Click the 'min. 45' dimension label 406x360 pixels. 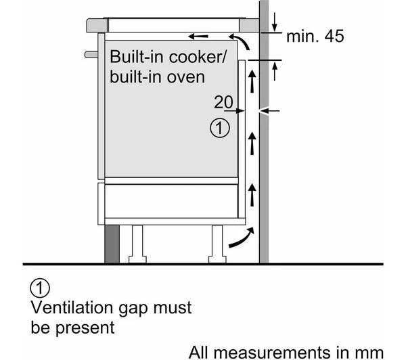pyautogui.click(x=315, y=37)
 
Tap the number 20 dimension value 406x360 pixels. pyautogui.click(x=223, y=102)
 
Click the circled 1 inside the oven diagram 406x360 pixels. pyautogui.click(x=219, y=128)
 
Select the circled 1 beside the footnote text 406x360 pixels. pyautogui.click(x=40, y=288)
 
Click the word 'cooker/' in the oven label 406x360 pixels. pyautogui.click(x=198, y=57)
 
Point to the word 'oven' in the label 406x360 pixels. pyautogui.click(x=185, y=77)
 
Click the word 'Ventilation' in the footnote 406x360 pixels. pyautogui.click(x=72, y=307)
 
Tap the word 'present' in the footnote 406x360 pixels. pyautogui.click(x=85, y=328)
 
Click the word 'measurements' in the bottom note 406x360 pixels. pyautogui.click(x=272, y=353)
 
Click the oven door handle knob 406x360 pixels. pyautogui.click(x=91, y=54)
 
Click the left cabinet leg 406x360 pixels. pyautogui.click(x=137, y=244)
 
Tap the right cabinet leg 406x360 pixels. pyautogui.click(x=217, y=244)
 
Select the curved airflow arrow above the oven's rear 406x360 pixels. pyautogui.click(x=240, y=41)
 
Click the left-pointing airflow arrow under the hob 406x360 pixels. pyautogui.click(x=198, y=37)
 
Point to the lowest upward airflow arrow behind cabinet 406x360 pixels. pyautogui.click(x=252, y=195)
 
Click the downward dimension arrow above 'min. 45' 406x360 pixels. pyautogui.click(x=275, y=22)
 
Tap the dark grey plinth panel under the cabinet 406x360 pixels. pyautogui.click(x=112, y=244)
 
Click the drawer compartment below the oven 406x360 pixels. pyautogui.click(x=171, y=201)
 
